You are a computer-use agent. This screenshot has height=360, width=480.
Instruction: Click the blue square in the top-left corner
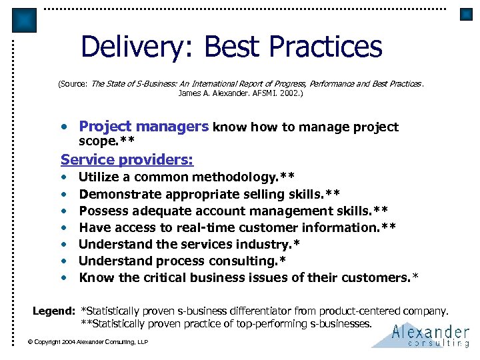(25, 21)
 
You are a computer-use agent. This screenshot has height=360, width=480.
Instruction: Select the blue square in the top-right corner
(466, 15)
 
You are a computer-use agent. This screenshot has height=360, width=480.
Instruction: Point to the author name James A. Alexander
(212, 93)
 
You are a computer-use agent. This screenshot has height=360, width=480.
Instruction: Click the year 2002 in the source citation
(289, 93)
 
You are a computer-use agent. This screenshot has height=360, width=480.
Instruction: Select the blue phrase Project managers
(143, 127)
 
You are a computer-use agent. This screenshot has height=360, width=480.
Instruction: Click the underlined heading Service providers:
(127, 159)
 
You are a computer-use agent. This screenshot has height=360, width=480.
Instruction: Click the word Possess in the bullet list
(102, 211)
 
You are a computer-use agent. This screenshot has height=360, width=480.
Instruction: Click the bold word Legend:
(54, 311)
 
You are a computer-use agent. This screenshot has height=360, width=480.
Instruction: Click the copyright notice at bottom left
(87, 342)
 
